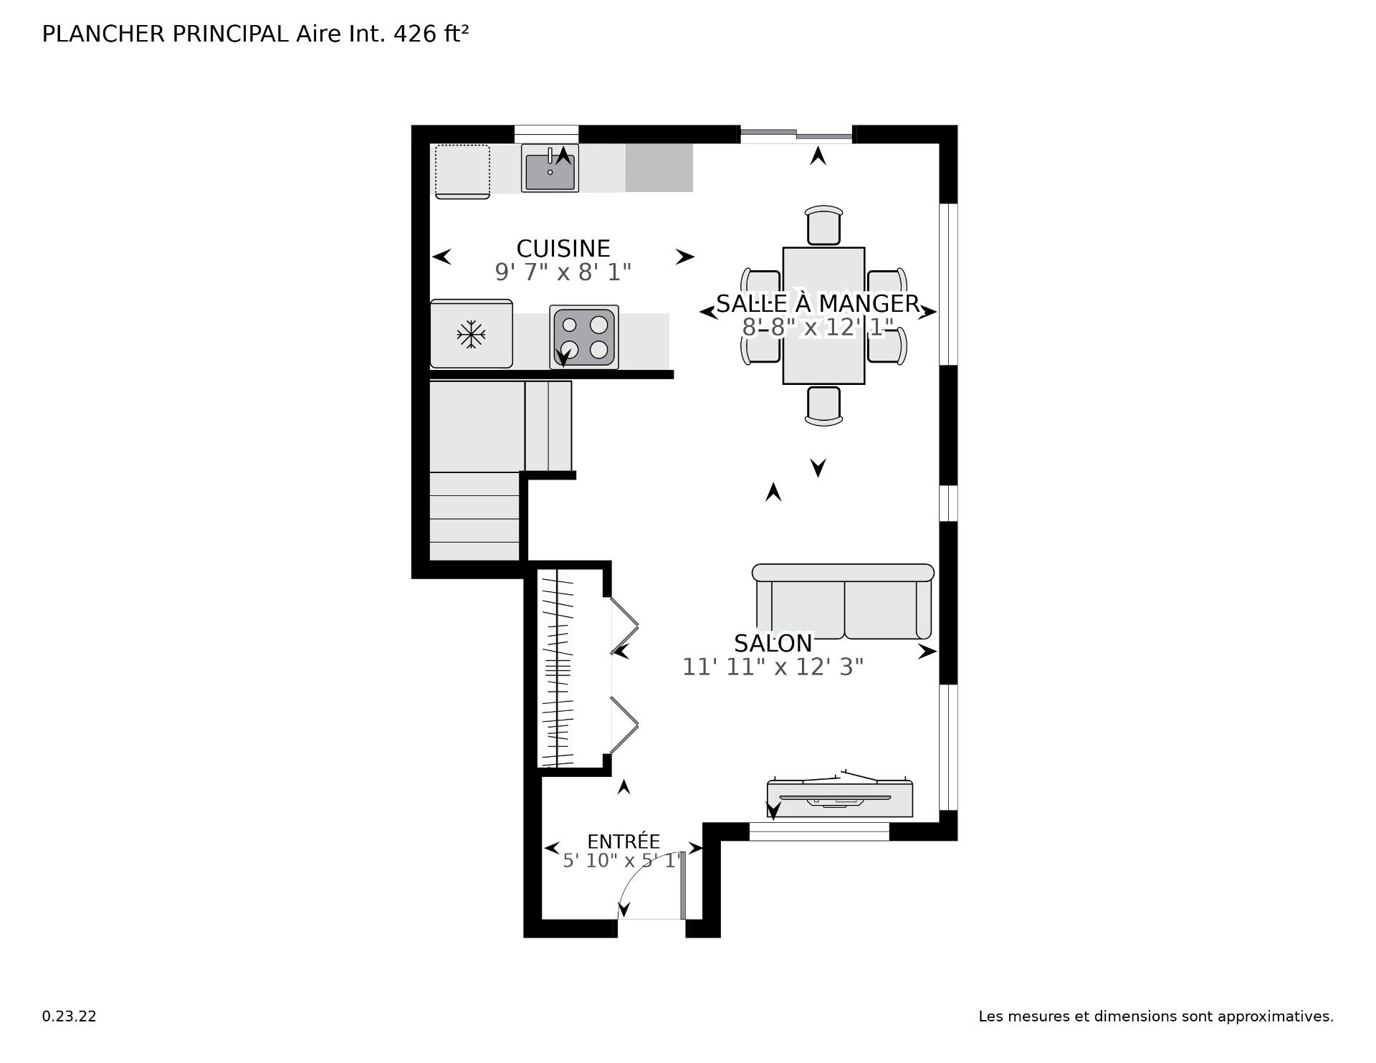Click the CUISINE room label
[563, 249]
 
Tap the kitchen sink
[550, 169]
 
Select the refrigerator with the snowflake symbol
[471, 334]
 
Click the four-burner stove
[584, 337]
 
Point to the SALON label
[773, 643]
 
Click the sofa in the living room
[843, 601]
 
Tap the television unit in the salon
[840, 796]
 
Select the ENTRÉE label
[623, 842]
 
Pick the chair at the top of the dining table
[824, 225]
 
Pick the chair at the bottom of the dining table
[823, 406]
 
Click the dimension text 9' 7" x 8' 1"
[563, 272]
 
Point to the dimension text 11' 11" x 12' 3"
[773, 667]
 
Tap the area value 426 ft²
[431, 34]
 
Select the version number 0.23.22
[69, 1016]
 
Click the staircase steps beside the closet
[474, 516]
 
